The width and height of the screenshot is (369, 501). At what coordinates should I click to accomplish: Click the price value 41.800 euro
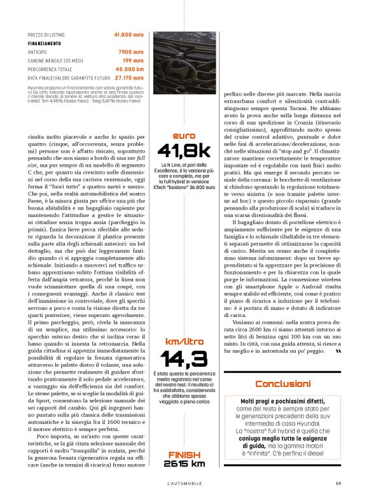coord(129,34)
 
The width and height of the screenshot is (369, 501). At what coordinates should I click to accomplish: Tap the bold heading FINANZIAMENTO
coord(44,43)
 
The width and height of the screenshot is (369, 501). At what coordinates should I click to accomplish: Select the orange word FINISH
coord(185,454)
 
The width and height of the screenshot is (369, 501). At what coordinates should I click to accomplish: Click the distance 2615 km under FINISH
coord(185,463)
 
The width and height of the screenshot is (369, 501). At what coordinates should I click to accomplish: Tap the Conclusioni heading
coord(282,384)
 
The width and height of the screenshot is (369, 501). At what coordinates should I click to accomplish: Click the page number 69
coord(338,482)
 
